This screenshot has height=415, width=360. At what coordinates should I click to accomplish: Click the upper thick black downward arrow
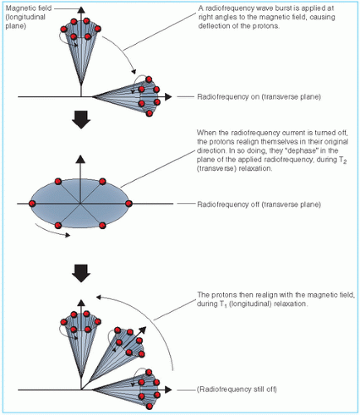[x=81, y=120]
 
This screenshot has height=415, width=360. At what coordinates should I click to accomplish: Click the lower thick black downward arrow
[x=81, y=273]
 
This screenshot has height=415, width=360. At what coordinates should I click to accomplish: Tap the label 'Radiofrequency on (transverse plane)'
[x=259, y=97]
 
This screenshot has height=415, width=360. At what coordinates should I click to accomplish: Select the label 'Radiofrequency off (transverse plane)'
[x=259, y=204]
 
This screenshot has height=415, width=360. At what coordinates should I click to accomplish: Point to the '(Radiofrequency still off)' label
[x=237, y=389]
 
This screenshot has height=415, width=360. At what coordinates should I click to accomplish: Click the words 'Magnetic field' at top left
[x=28, y=8]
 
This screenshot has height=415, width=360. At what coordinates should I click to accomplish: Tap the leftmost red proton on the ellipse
[x=32, y=203]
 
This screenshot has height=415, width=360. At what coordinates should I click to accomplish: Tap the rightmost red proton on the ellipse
[x=129, y=203]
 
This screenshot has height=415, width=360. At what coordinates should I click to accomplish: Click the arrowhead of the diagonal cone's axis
[x=142, y=330]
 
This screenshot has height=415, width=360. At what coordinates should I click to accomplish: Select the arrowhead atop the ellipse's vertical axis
[x=80, y=159]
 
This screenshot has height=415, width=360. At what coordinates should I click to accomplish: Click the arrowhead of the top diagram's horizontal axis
[x=168, y=97]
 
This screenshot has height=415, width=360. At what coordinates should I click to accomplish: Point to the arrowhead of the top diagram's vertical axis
[x=81, y=9]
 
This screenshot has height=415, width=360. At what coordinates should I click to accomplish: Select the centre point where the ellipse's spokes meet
[x=80, y=204]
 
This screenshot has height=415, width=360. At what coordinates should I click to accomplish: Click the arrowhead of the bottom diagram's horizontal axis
[x=168, y=389]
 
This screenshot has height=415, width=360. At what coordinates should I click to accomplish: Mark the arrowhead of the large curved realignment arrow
[x=99, y=297]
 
